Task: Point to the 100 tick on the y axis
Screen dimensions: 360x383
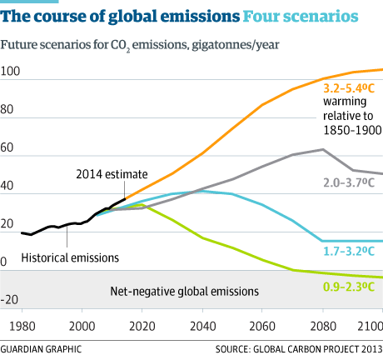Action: coord(11,72)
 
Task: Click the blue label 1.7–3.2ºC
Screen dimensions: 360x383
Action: coord(346,249)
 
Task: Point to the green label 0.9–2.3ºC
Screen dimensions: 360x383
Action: coord(346,288)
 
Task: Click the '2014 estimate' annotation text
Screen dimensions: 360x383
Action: coord(112,174)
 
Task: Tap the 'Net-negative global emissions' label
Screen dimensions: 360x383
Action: coord(184,292)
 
